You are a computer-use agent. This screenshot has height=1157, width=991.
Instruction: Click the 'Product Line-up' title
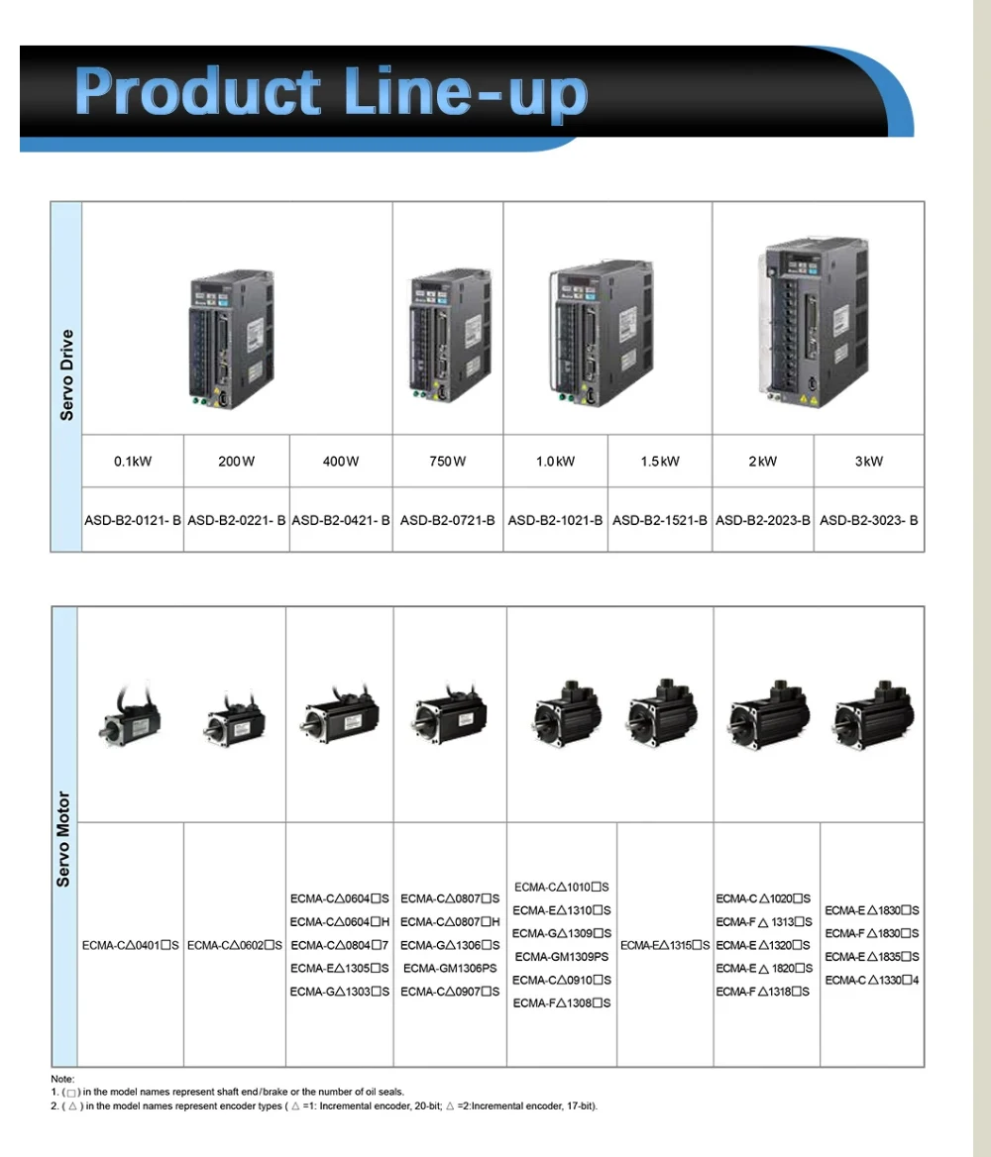point(331,92)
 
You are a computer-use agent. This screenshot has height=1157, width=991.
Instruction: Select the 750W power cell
point(448,462)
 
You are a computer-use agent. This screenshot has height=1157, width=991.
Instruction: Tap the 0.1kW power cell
point(133,462)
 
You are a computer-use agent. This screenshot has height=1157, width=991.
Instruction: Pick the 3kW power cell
point(868,462)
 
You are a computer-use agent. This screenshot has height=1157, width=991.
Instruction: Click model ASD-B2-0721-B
point(448,520)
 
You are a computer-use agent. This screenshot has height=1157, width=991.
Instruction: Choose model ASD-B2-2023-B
point(763,520)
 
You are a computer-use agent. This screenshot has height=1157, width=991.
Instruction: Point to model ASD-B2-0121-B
point(133,520)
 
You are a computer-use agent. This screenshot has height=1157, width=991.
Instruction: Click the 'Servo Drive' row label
point(66,375)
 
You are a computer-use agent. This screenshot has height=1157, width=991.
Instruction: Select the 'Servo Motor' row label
point(64,838)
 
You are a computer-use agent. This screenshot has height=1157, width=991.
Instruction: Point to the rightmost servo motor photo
point(871,714)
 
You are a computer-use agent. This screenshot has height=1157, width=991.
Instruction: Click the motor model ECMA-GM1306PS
point(450,968)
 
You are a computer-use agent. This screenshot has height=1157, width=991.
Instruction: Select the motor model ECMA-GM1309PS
point(562,957)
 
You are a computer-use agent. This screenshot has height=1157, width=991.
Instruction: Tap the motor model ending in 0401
point(130,945)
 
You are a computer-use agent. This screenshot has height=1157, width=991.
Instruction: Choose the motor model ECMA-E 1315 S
point(665,945)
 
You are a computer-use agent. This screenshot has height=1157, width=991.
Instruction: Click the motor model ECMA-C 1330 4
point(872,980)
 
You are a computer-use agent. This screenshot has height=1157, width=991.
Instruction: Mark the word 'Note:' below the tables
point(62,1079)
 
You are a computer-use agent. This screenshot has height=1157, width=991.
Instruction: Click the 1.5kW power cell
point(660,462)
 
